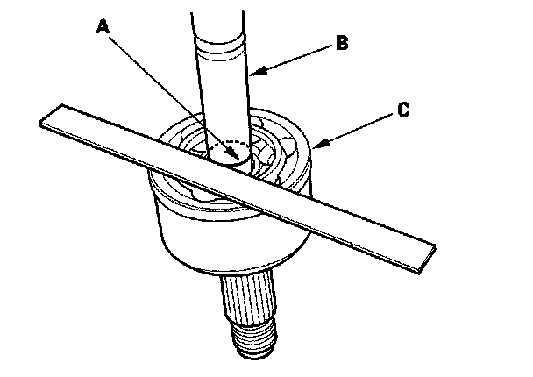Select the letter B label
click(342, 41)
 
